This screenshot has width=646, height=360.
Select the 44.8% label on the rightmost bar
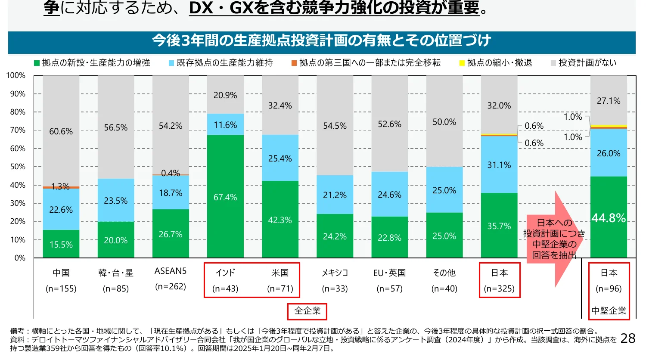pyautogui.click(x=609, y=218)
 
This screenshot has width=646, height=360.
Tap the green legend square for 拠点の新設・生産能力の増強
pyautogui.click(x=37, y=63)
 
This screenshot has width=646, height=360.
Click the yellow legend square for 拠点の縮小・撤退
pyautogui.click(x=462, y=63)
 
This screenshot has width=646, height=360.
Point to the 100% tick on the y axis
pyautogui.click(x=16, y=75)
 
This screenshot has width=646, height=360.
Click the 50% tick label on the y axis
pyautogui.click(x=18, y=167)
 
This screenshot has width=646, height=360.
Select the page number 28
pyautogui.click(x=628, y=338)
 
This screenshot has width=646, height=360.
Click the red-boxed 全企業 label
pyautogui.click(x=307, y=311)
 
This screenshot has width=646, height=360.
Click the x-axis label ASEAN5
pyautogui.click(x=171, y=271)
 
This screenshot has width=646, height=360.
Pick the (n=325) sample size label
pyautogui.click(x=499, y=289)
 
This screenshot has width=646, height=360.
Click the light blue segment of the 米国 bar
pyautogui.click(x=280, y=158)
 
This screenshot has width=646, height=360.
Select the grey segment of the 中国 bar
pyautogui.click(x=61, y=131)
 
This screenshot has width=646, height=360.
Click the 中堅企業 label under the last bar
pyautogui.click(x=609, y=311)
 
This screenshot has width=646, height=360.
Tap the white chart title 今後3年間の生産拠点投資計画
pyautogui.click(x=321, y=40)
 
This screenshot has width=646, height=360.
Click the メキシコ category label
pyautogui.click(x=335, y=273)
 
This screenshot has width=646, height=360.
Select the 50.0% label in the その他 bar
pyautogui.click(x=444, y=122)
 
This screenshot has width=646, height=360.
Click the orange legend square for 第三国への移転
pyautogui.click(x=294, y=63)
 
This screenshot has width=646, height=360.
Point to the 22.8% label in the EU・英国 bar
pyautogui.click(x=389, y=238)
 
